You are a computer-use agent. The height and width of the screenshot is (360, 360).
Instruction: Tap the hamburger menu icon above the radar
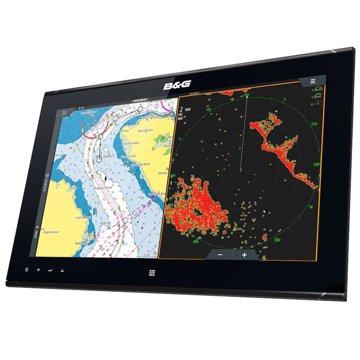tap(313, 81)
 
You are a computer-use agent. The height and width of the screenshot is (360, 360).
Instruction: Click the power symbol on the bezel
tap(27, 269)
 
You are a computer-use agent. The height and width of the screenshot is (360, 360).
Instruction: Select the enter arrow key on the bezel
tap(50, 270)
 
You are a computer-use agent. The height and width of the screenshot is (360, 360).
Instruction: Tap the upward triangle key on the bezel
tap(62, 271)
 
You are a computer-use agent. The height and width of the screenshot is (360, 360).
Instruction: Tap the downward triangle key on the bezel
tap(38, 270)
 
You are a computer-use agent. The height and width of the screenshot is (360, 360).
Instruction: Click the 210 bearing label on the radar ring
tap(314, 123)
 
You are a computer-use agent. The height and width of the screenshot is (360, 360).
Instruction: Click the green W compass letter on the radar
tap(310, 206)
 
